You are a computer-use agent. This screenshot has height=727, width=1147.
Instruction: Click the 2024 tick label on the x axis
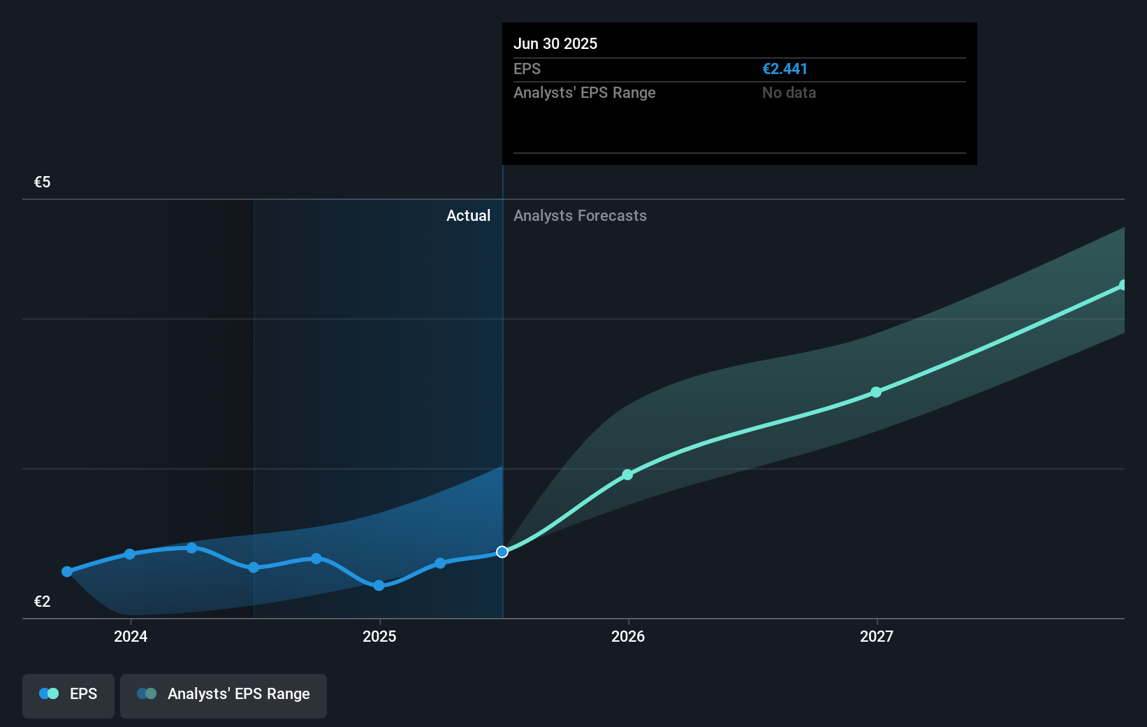point(131,636)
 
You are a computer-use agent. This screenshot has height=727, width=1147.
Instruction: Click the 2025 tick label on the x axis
point(379,636)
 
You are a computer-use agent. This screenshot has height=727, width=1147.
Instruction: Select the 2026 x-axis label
point(628,636)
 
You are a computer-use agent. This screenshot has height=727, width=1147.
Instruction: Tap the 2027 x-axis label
point(877,636)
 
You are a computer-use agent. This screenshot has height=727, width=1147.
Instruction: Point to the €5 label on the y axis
point(42,182)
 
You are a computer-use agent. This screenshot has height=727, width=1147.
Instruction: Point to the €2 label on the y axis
point(42,602)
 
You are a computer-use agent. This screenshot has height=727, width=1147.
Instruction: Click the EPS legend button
point(68,694)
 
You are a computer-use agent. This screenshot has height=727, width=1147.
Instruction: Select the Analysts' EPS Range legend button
point(224,694)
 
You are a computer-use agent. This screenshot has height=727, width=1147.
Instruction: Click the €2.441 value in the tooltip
point(784,69)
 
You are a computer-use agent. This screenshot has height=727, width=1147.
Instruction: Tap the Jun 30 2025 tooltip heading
point(555,43)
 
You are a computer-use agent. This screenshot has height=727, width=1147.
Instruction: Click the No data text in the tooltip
point(789,93)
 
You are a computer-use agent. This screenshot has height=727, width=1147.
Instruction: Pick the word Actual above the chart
point(468,216)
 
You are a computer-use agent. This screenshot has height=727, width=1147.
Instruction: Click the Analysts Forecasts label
point(580,216)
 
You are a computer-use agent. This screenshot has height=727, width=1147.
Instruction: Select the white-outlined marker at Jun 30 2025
point(502,552)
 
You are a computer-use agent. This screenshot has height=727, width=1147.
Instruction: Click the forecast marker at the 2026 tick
point(627,475)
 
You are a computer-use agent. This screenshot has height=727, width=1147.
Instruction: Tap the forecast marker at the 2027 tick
point(876,392)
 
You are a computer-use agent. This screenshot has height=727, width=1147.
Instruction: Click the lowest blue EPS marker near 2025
point(379,586)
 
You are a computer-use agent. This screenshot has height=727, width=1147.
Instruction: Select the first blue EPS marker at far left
point(67,572)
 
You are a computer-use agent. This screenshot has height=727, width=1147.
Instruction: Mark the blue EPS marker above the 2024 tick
point(129,554)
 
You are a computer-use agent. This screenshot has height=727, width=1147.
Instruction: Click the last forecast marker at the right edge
point(1123,285)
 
